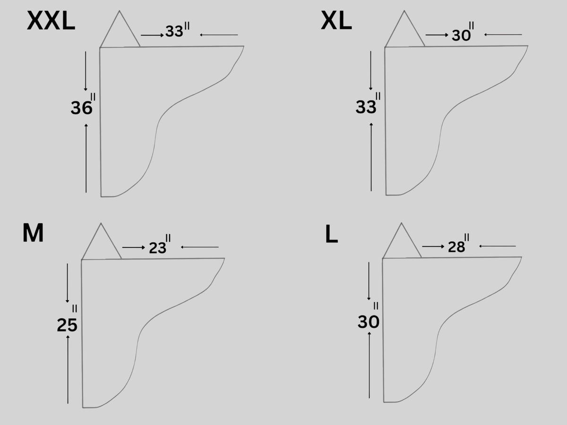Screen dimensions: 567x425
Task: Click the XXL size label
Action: click(x=51, y=21)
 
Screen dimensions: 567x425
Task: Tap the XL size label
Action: click(x=336, y=21)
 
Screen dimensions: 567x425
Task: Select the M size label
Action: click(x=33, y=233)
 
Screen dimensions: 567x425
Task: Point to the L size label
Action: click(x=332, y=234)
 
